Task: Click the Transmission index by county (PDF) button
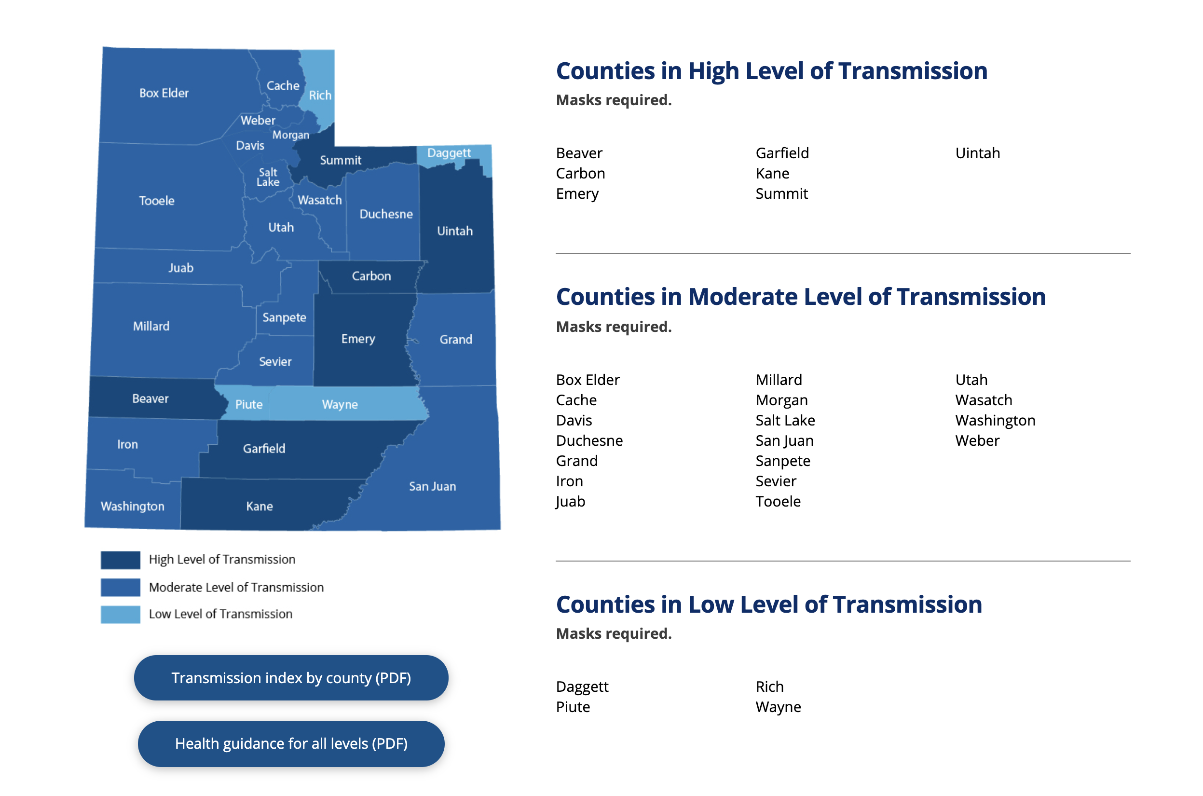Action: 291,677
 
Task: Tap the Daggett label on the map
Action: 449,153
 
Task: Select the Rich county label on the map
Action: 320,96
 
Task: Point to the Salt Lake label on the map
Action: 268,177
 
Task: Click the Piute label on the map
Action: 249,405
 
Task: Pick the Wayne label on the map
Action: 340,405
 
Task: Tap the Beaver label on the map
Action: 150,398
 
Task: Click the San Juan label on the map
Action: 433,486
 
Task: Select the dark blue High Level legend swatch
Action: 120,560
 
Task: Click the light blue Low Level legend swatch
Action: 120,614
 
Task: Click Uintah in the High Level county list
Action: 977,153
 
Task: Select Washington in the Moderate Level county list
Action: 995,420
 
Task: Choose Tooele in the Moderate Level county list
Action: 778,502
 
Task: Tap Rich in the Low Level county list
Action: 769,686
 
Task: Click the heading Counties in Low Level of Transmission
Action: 768,604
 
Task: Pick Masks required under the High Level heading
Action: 614,100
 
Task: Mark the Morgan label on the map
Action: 290,135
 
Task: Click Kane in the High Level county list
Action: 772,174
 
